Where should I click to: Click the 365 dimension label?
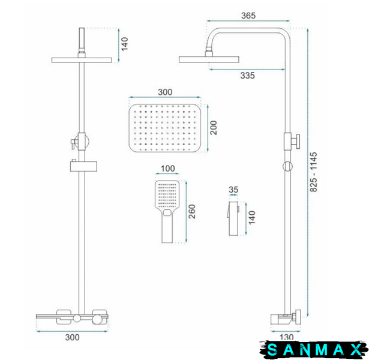tap(248, 16)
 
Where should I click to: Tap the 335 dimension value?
tap(248, 76)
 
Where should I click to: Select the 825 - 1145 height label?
tap(313, 172)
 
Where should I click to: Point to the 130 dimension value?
tap(287, 337)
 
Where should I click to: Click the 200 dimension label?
tap(214, 128)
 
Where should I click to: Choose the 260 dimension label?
tap(192, 212)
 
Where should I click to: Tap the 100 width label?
tap(168, 169)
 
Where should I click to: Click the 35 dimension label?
tap(233, 190)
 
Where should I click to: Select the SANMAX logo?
tap(314, 349)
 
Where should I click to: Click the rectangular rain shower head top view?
tap(165, 128)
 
